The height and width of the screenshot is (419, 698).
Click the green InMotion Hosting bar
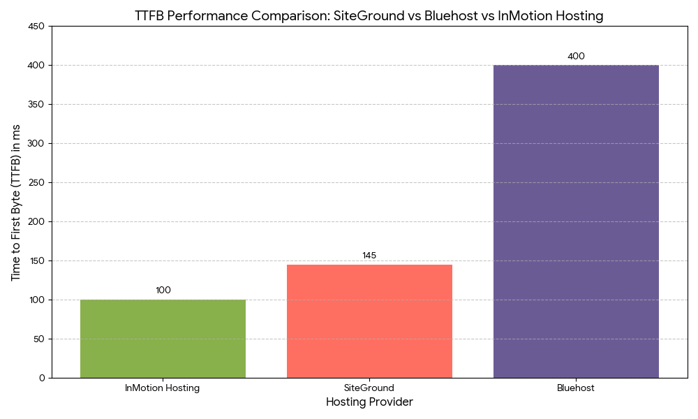point(163,339)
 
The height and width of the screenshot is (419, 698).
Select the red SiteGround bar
point(369,321)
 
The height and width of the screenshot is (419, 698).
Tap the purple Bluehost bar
point(576,221)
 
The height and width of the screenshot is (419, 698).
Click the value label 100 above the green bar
point(163,291)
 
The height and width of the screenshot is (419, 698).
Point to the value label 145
point(369,256)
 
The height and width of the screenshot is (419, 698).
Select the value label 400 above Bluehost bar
point(576,57)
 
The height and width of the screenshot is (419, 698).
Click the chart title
point(369,16)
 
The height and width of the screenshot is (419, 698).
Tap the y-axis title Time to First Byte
point(16,203)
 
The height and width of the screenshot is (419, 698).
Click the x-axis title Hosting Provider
point(369,402)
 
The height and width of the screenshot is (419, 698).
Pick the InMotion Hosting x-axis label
point(163,388)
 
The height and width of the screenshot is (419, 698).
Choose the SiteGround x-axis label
point(369,388)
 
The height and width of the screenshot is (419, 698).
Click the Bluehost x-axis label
point(576,388)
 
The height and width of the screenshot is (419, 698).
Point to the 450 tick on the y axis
point(36,27)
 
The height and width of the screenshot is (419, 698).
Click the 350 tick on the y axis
point(36,105)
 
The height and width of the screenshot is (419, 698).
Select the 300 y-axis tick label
point(36,144)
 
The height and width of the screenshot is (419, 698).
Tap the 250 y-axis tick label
point(36,183)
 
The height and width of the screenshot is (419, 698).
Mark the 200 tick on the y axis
point(36,222)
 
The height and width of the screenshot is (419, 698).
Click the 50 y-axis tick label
point(39,339)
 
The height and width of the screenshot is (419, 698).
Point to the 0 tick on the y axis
point(42,378)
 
